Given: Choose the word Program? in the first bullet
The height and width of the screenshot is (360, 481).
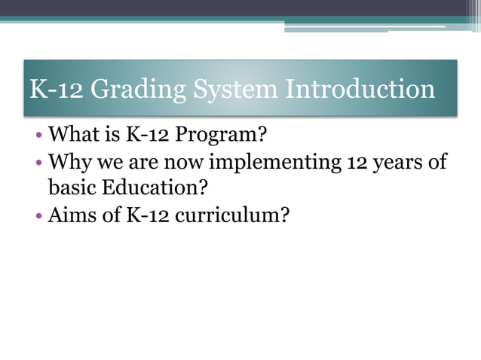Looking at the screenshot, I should click(229, 138).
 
